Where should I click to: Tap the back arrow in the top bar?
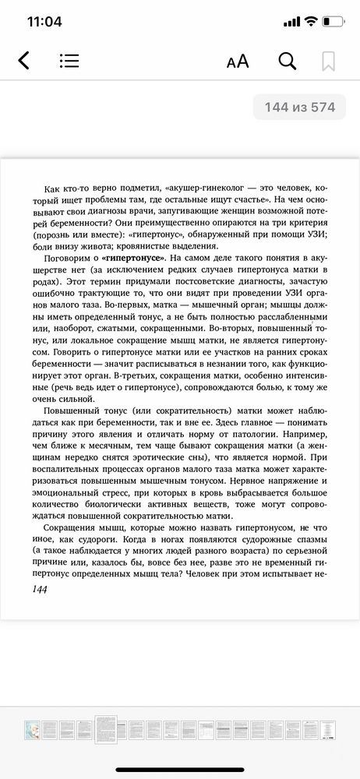point(23,61)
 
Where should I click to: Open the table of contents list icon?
point(69,61)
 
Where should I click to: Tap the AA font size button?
point(237,62)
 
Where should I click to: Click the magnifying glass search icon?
point(287,61)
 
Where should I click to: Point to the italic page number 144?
point(37,591)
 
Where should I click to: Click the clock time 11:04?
point(44,22)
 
